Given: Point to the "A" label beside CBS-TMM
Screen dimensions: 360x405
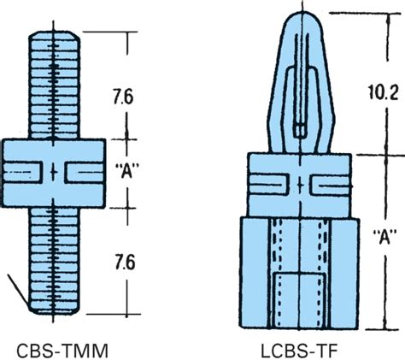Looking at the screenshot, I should [127, 172].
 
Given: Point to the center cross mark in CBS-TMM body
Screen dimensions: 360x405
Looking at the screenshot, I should [56, 173].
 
